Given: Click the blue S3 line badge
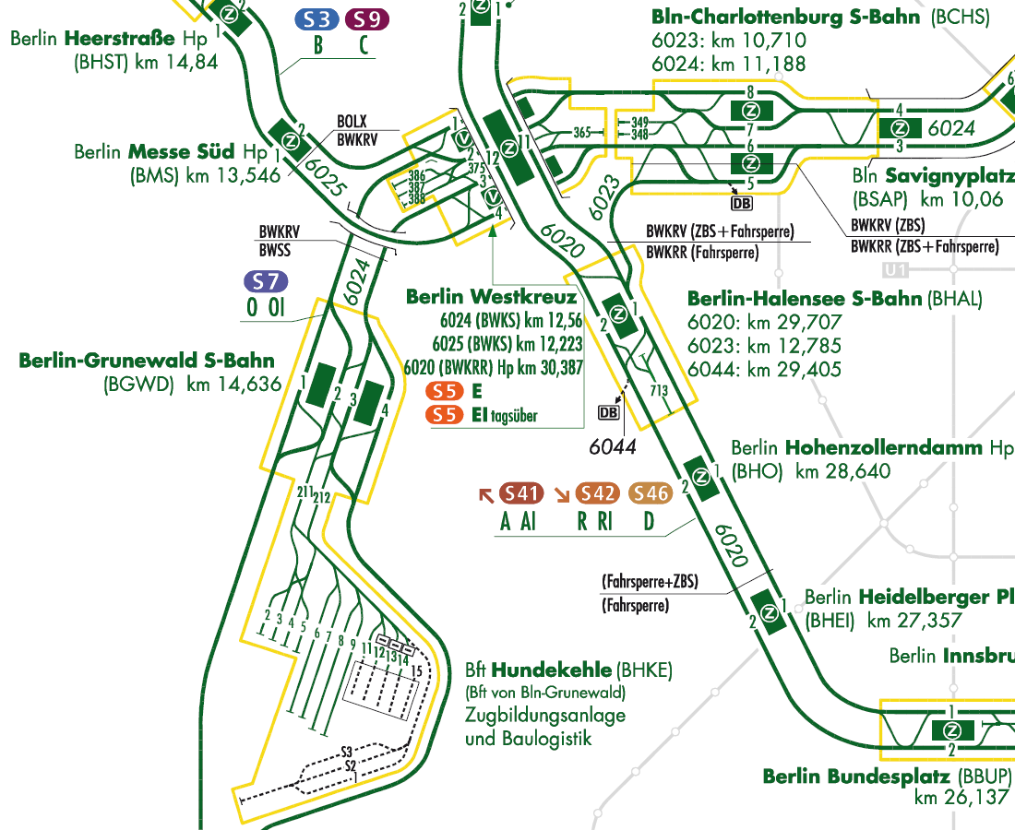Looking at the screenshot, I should tap(317, 19).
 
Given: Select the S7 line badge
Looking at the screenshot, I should tap(266, 282).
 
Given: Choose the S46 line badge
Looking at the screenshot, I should tap(651, 494).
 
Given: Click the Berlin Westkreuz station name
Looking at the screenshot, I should tap(491, 297).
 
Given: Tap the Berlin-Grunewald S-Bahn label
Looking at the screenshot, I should tap(147, 361).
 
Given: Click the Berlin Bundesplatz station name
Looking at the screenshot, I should tap(887, 776).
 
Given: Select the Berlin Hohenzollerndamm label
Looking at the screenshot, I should tap(871, 448).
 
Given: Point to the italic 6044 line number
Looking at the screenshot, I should tap(614, 446).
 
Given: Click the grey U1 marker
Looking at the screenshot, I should tap(894, 271).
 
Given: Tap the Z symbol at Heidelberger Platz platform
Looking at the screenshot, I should tap(768, 608).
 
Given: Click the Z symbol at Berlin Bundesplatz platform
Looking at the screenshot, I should tap(953, 730).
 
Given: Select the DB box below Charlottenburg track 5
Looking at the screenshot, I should tap(742, 202).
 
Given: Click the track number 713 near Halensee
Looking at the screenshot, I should tap(658, 391).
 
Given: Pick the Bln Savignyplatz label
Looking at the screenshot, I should tap(927, 175).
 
